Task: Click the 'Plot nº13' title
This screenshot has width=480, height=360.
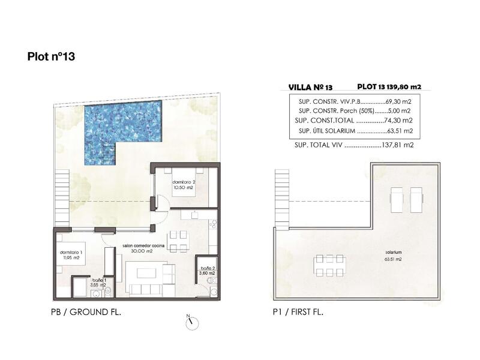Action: [x=50, y=57]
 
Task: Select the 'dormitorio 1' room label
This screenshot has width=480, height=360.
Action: [x=70, y=256]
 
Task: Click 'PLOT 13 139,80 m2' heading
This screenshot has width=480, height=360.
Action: [x=389, y=87]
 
